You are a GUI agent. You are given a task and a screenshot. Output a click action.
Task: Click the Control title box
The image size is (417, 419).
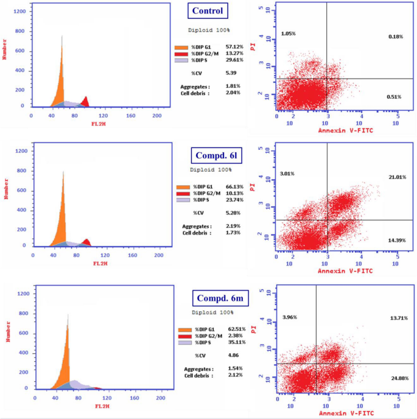pyautogui.click(x=208, y=10)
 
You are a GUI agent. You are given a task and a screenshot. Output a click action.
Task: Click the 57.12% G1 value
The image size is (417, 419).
pyautogui.click(x=234, y=46)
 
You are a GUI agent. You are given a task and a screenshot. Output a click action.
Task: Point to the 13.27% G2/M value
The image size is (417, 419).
pyautogui.click(x=234, y=53)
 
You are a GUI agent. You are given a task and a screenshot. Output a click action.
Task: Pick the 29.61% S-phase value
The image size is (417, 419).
pyautogui.click(x=234, y=60)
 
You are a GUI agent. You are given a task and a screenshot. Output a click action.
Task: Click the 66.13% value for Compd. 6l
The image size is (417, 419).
pyautogui.click(x=236, y=187)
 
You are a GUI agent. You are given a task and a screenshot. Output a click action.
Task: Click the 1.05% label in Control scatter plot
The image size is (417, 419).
pyautogui.click(x=289, y=33)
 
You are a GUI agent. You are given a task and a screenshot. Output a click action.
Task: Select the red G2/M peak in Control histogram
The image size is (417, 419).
pyautogui.click(x=85, y=102)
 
